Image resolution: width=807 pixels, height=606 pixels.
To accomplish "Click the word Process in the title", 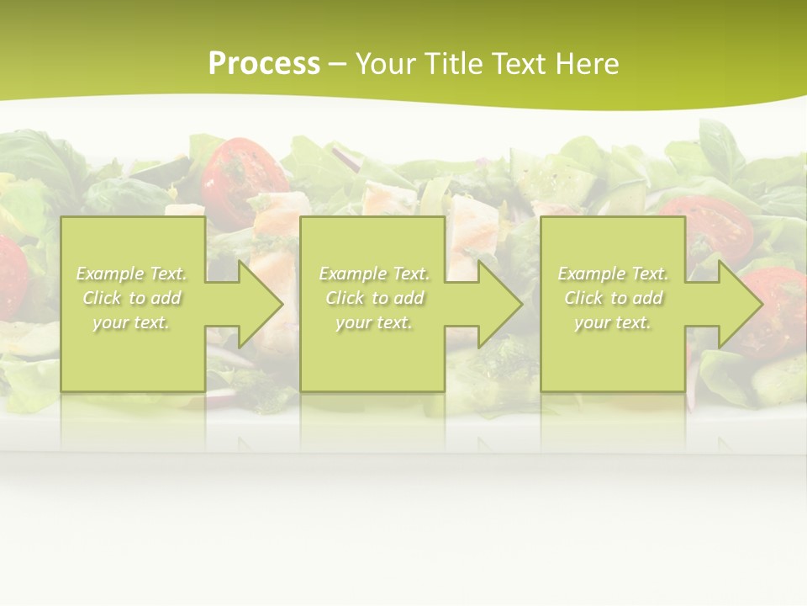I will click(x=264, y=64).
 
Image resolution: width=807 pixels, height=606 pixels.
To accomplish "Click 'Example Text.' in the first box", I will click(x=131, y=274).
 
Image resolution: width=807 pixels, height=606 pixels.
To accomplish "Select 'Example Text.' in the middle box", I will click(x=373, y=274).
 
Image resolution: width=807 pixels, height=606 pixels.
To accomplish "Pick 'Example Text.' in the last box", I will click(x=613, y=274).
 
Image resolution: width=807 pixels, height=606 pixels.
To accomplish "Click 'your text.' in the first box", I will click(x=131, y=322).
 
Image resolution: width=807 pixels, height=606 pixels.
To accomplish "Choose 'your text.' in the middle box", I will click(x=373, y=322).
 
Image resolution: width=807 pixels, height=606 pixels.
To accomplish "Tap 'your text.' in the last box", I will click(x=613, y=322).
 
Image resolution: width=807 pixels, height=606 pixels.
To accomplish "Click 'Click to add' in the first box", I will click(x=131, y=298).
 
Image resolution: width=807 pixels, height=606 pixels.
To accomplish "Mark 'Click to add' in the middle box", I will click(x=373, y=298).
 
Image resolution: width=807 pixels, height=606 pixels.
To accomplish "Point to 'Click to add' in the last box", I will click(x=613, y=298).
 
